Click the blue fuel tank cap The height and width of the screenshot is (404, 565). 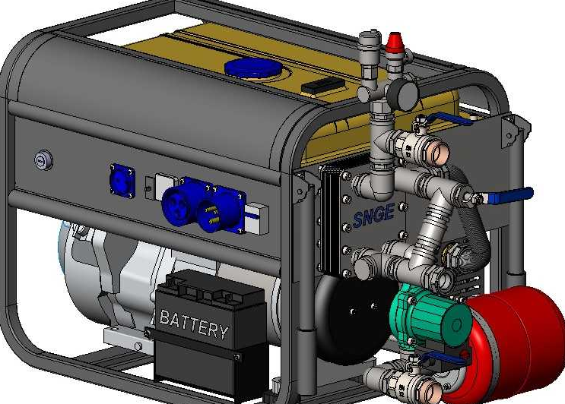252,68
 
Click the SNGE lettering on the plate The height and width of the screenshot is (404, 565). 373,215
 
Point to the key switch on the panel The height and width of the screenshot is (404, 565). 43,160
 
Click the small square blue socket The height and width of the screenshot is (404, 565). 122,181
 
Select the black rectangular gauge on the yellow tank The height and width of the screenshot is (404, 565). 323,87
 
